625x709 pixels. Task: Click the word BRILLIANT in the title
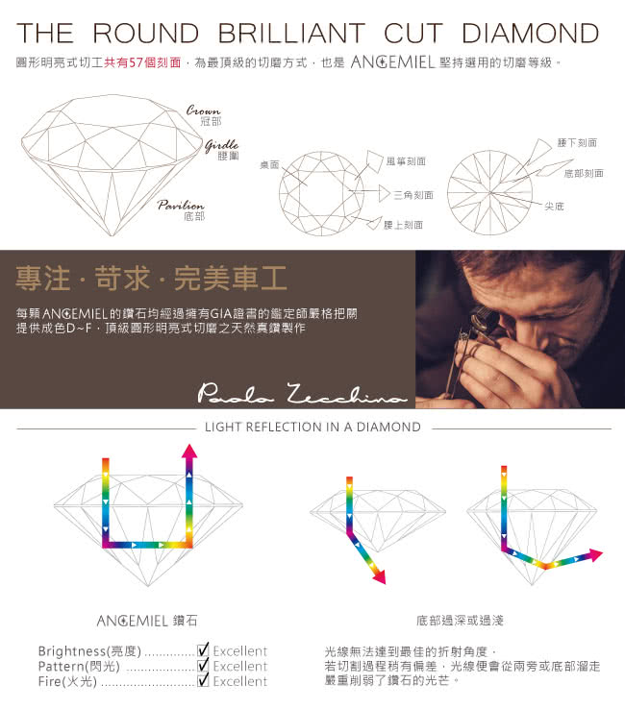tap(291, 33)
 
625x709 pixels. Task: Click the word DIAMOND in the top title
tap(530, 33)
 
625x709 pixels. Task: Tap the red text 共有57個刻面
tap(142, 62)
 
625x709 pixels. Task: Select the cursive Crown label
tap(203, 110)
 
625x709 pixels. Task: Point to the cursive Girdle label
tap(222, 145)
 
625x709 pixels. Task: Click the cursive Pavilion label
tap(181, 206)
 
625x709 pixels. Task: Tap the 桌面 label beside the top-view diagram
tap(269, 165)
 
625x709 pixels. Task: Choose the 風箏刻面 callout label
tap(406, 161)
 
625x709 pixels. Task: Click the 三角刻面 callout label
tap(413, 195)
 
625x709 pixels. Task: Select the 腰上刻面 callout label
tap(403, 225)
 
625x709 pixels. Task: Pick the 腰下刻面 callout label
tap(577, 143)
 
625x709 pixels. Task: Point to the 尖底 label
tap(554, 207)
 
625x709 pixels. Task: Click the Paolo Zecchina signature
tap(301, 393)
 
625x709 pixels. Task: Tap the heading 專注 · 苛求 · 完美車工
tap(152, 278)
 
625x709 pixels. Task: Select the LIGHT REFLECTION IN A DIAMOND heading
tap(312, 427)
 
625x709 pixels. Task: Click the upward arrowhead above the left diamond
tap(189, 451)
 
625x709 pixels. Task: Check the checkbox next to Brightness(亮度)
tap(203, 649)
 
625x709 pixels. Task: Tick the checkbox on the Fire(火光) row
tap(203, 679)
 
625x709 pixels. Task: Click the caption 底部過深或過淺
tap(460, 621)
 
